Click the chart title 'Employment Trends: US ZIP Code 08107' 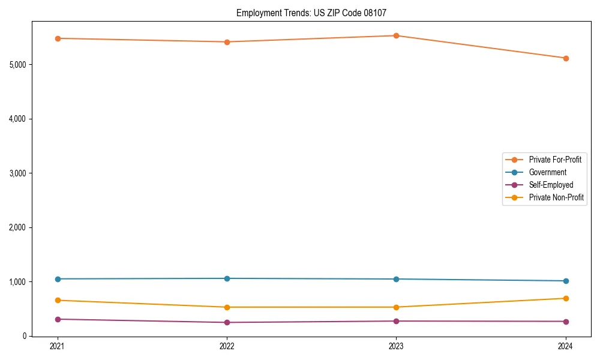click(x=315, y=13)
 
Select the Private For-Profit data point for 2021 click(x=58, y=38)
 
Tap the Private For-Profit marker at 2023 click(x=396, y=35)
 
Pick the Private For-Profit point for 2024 click(x=565, y=58)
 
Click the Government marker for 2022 click(x=227, y=278)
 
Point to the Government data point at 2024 click(x=565, y=281)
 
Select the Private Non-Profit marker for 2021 click(x=58, y=300)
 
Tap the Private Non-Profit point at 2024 click(x=565, y=298)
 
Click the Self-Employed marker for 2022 click(x=227, y=322)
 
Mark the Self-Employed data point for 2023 click(x=396, y=321)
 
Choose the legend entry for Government click(x=547, y=172)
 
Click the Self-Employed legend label click(x=551, y=185)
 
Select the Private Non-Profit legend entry click(x=556, y=197)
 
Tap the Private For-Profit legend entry click(x=555, y=160)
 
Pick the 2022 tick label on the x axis click(x=227, y=346)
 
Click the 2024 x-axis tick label click(x=565, y=346)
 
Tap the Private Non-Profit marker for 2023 click(x=396, y=307)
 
